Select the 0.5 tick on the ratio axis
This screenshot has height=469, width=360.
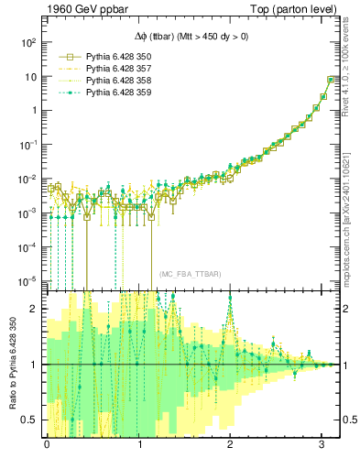click(x=33, y=420)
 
